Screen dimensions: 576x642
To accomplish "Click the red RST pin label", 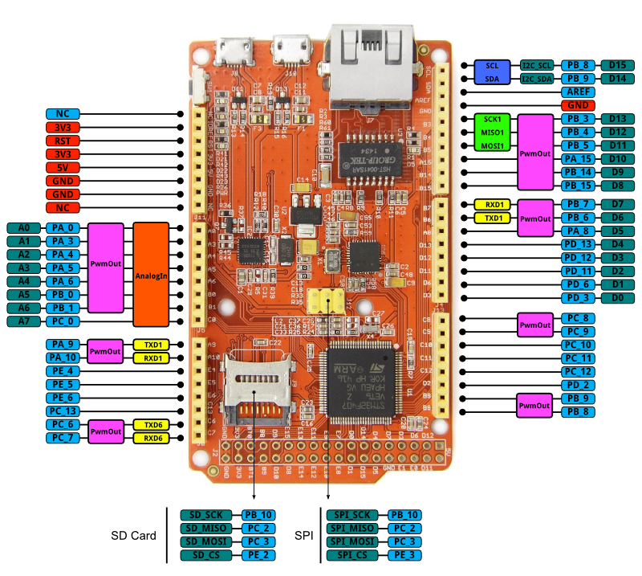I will pyautogui.click(x=63, y=141).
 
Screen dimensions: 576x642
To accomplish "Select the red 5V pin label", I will pyautogui.click(x=63, y=168).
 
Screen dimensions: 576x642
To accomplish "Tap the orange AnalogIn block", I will pyautogui.click(x=152, y=275).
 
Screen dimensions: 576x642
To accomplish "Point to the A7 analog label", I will pyautogui.click(x=24, y=321).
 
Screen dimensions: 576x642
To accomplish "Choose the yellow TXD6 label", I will pyautogui.click(x=152, y=425).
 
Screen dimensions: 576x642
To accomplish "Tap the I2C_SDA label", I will pyautogui.click(x=537, y=79).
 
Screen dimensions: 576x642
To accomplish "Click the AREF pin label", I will pyautogui.click(x=579, y=92).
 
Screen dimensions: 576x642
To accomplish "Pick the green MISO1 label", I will pyautogui.click(x=493, y=133).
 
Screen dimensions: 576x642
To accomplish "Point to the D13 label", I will pyautogui.click(x=618, y=119).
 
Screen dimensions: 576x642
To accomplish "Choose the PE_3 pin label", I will pyautogui.click(x=406, y=555).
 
